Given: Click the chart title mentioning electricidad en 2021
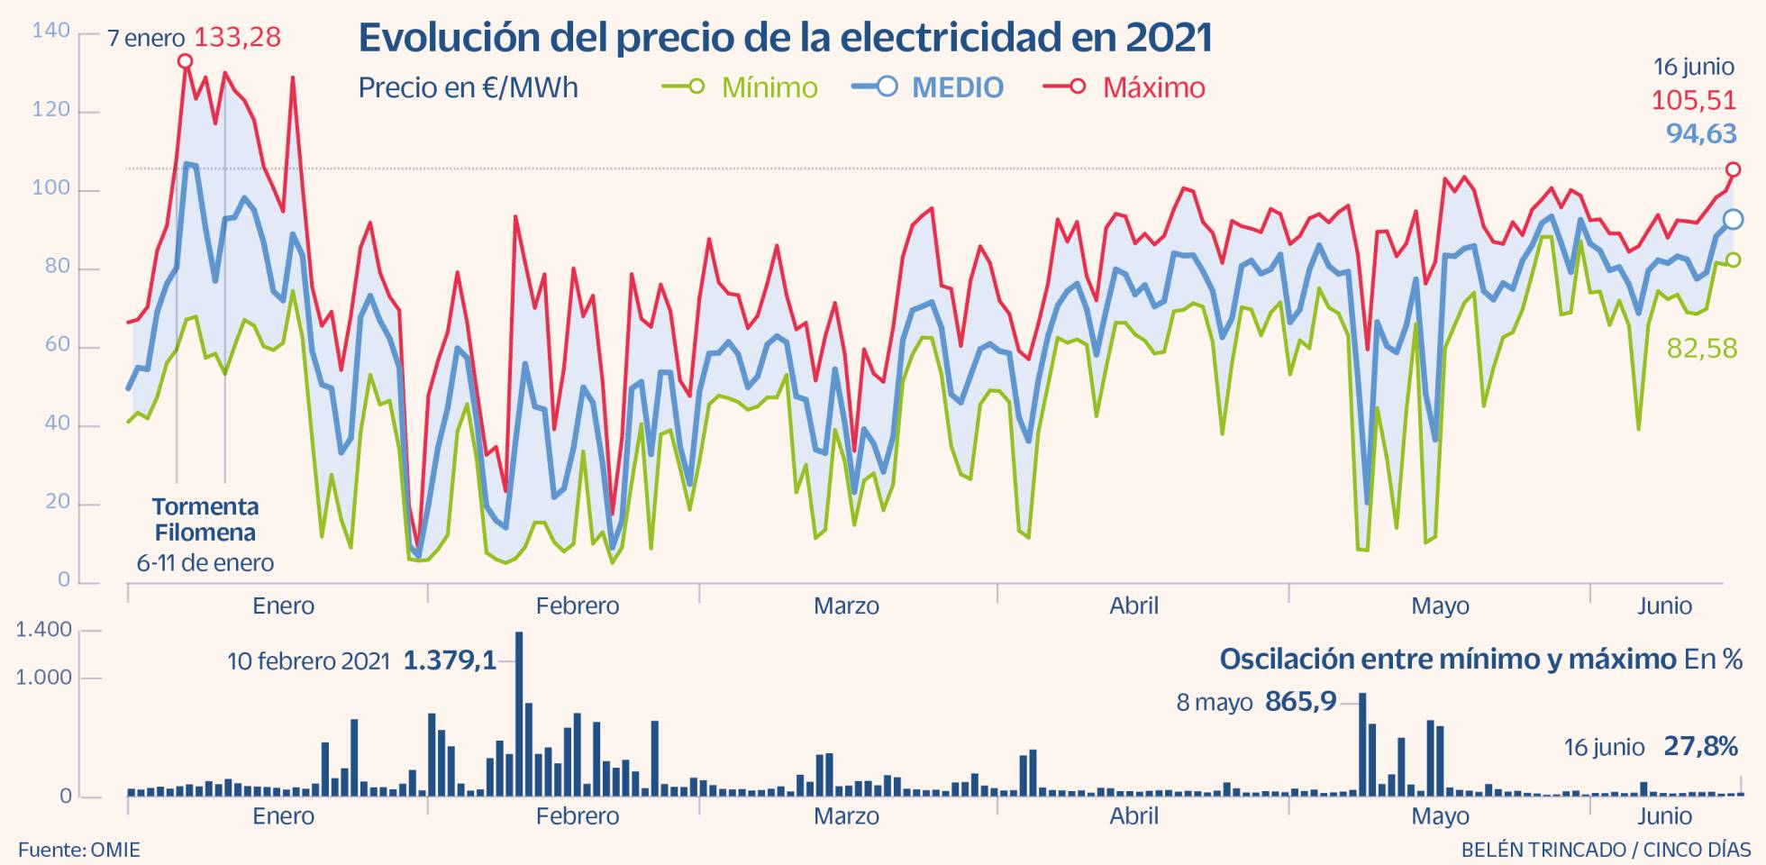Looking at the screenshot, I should click(x=785, y=38).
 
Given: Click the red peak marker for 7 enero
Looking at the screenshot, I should click(x=185, y=61).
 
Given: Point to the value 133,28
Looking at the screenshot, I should click(x=238, y=38).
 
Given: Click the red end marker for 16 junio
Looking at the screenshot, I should click(x=1733, y=169).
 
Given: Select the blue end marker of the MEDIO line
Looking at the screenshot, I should click(x=1733, y=219).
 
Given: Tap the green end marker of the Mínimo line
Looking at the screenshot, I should click(x=1733, y=259).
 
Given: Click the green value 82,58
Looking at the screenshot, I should click(x=1701, y=349).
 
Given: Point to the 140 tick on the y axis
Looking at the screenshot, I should click(x=50, y=32).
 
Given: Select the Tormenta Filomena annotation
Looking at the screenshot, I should click(x=205, y=520).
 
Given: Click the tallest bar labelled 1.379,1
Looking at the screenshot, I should click(x=519, y=712).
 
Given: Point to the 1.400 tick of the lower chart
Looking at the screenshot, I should click(x=43, y=630).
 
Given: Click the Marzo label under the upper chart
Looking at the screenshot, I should click(x=846, y=605).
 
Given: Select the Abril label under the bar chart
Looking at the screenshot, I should click(x=1133, y=816).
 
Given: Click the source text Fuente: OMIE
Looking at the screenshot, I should click(x=79, y=850).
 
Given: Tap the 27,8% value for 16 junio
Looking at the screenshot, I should click(x=1700, y=746).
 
